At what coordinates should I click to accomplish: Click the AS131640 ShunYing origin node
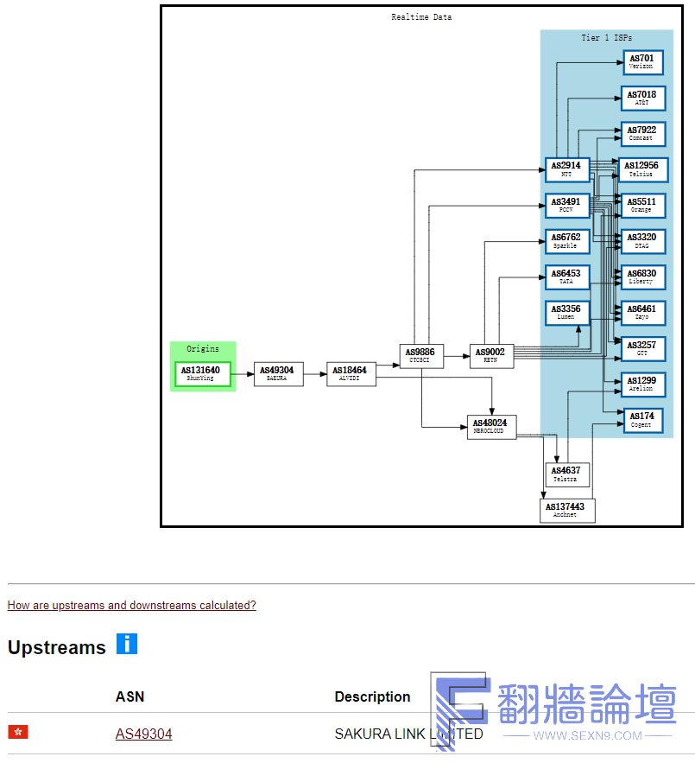[203, 373]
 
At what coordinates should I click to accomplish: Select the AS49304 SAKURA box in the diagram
[278, 373]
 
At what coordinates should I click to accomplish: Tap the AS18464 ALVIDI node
[351, 373]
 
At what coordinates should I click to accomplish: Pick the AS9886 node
[421, 355]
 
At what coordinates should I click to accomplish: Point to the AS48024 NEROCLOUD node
[492, 426]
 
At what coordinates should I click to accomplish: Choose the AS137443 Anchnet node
[567, 511]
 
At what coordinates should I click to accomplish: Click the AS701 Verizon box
[642, 62]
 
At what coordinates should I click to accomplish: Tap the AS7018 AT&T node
[642, 99]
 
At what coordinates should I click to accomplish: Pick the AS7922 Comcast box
[642, 134]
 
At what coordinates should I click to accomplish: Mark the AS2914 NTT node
[567, 169]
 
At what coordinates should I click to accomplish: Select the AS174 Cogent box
[642, 420]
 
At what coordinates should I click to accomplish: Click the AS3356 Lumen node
[567, 313]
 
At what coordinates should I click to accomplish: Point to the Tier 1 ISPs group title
[606, 38]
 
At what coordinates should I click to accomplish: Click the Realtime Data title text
[421, 17]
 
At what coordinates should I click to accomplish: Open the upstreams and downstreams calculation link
[131, 605]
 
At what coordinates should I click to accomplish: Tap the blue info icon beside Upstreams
[127, 644]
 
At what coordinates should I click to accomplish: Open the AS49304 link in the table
[143, 734]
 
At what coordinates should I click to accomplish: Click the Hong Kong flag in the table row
[18, 732]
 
